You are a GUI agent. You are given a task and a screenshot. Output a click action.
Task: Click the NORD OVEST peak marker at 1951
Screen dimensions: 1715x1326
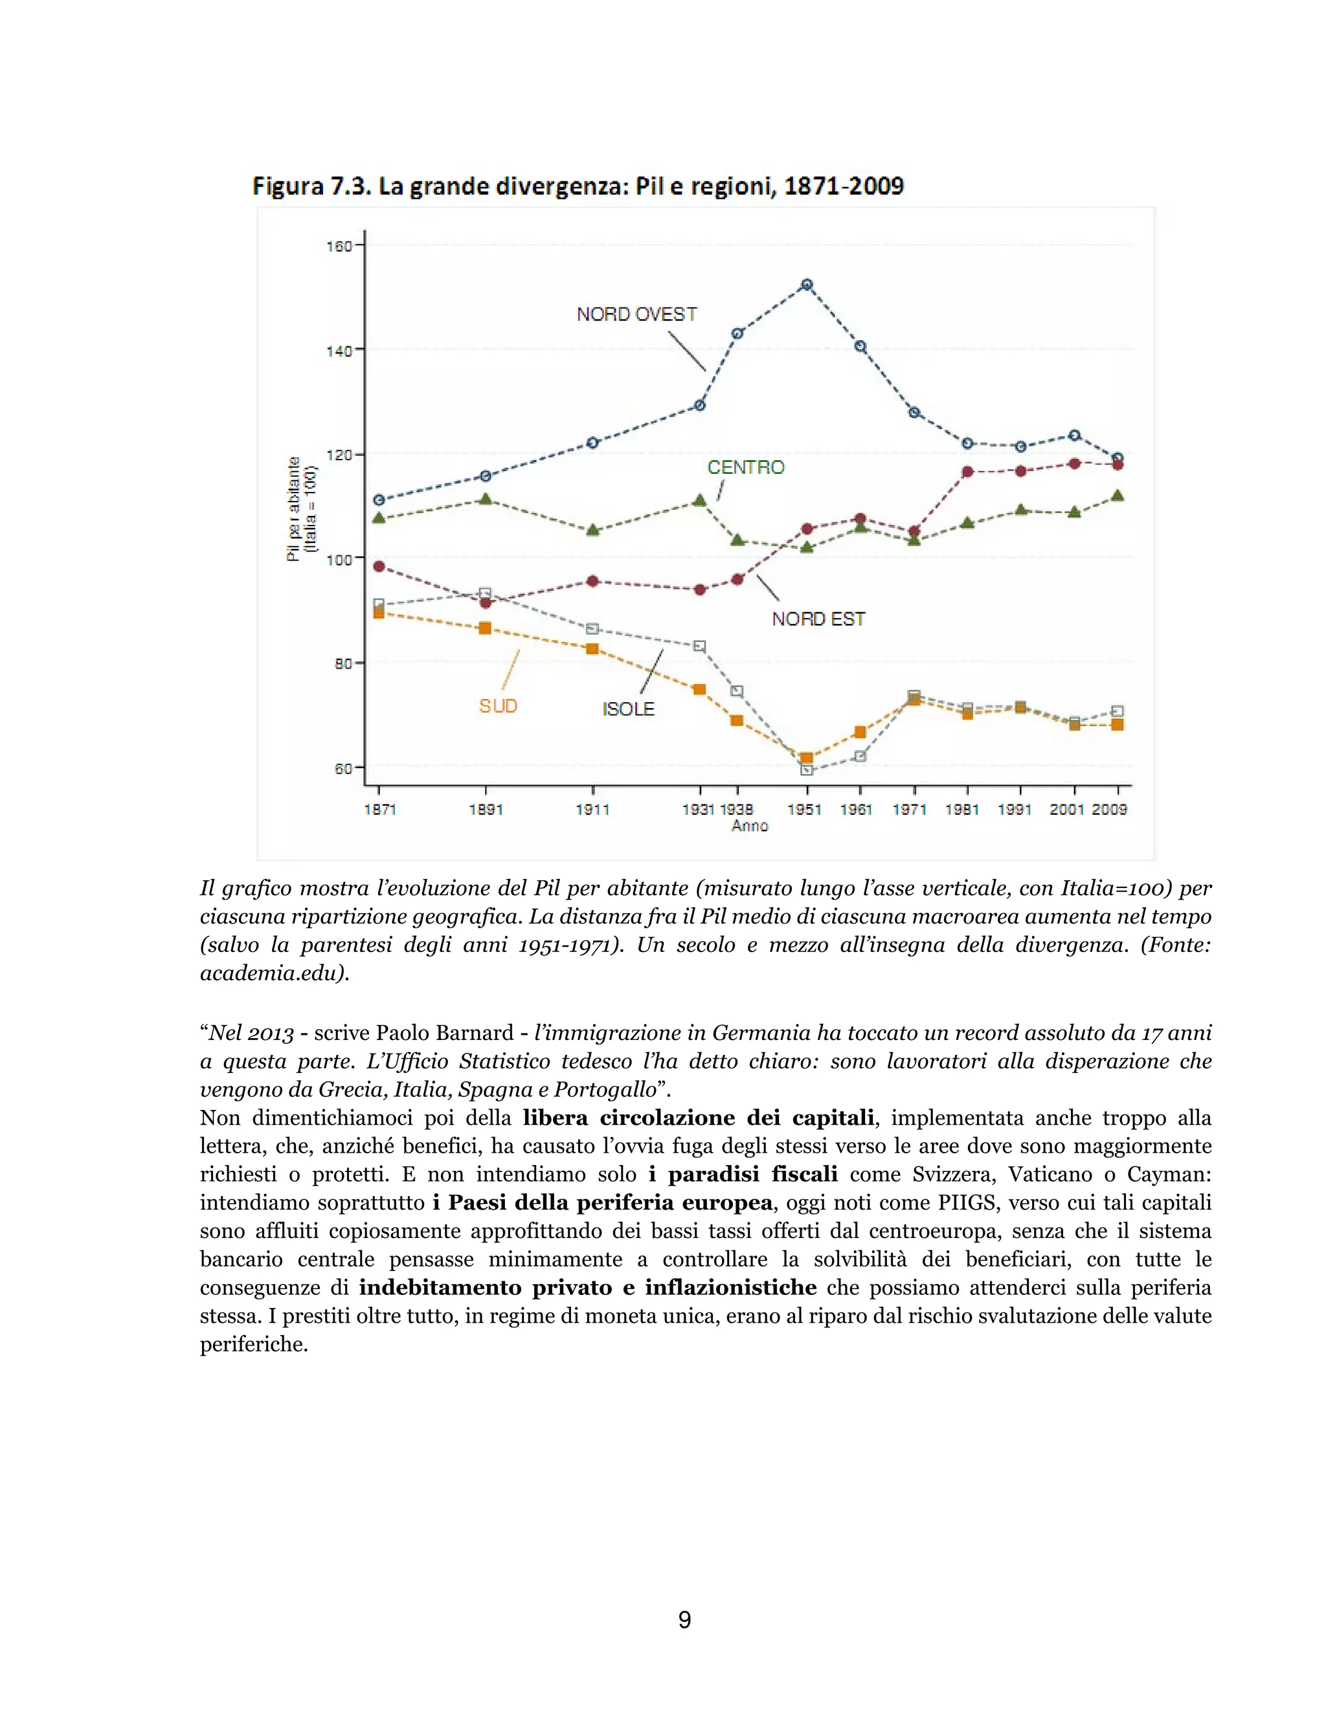coord(806,285)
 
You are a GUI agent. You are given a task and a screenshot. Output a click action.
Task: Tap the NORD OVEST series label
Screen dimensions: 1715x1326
coord(636,315)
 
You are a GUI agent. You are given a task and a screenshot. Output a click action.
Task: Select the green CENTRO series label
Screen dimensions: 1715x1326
coord(745,468)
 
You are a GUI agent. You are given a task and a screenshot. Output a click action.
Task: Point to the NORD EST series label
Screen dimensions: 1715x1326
coord(818,619)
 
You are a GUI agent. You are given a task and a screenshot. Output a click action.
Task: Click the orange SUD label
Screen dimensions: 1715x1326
coord(498,706)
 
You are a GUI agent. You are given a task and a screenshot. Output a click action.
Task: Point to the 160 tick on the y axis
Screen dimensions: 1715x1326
coord(339,247)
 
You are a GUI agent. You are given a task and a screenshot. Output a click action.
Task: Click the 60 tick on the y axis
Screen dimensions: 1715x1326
coord(343,769)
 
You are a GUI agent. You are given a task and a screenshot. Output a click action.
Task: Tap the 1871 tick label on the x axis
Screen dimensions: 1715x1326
coord(380,810)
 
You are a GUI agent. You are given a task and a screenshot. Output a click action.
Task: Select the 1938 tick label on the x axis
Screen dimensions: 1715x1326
coord(737,810)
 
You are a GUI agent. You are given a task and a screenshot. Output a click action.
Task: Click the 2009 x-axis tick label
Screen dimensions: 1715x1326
coord(1109,810)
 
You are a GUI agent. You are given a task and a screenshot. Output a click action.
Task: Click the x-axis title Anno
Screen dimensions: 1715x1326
coord(749,826)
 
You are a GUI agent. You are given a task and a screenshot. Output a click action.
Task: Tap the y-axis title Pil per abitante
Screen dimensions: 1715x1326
coord(295,509)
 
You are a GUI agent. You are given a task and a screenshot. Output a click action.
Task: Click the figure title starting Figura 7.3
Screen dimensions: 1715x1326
coord(578,187)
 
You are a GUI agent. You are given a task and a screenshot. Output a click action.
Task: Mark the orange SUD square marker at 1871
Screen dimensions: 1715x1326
coord(379,612)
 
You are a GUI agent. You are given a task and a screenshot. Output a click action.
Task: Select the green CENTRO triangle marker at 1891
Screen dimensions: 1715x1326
coord(486,498)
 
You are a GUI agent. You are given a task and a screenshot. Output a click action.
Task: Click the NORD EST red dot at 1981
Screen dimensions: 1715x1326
coord(967,472)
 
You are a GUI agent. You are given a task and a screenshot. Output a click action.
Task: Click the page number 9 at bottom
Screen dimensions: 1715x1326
coord(684,1619)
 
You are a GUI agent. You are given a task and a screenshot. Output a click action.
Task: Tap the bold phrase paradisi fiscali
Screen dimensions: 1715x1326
coord(743,1174)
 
